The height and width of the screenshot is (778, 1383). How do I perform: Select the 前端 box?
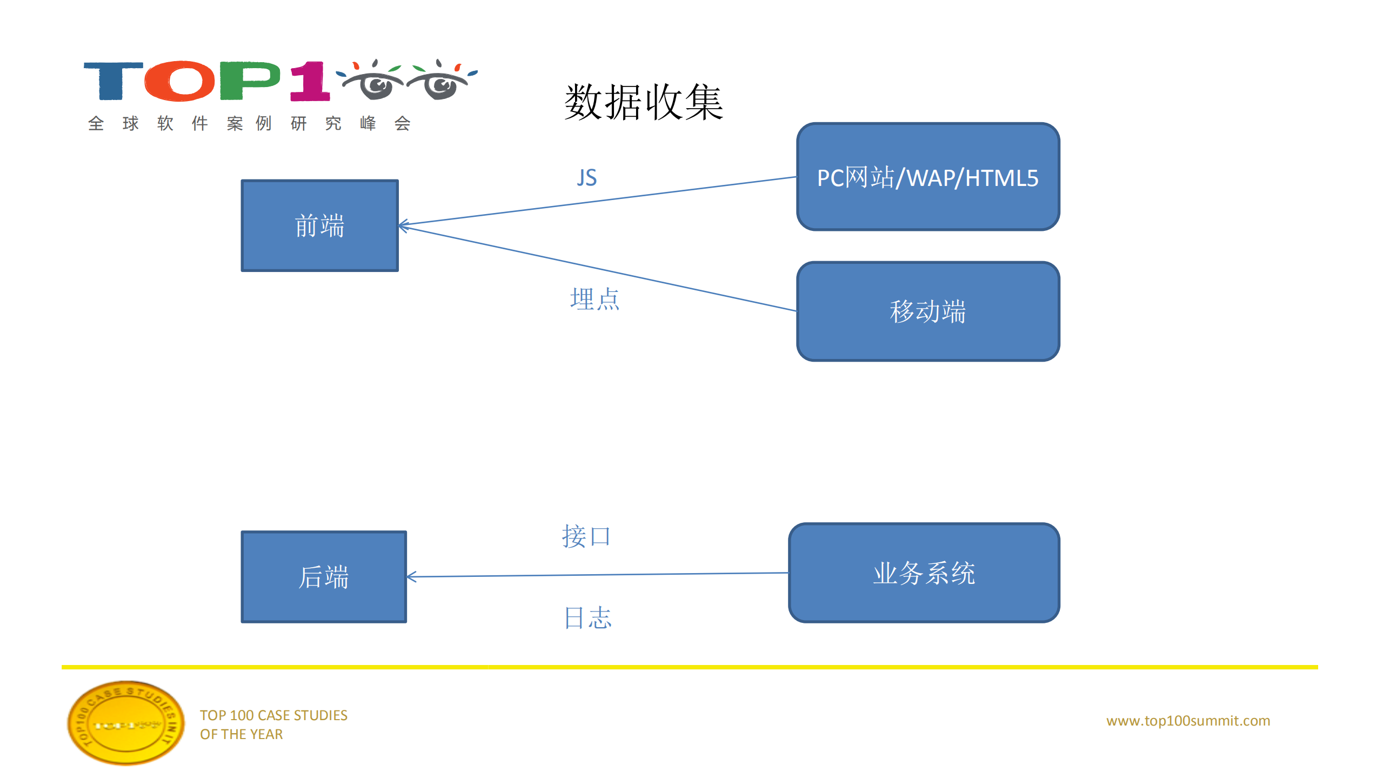[319, 225]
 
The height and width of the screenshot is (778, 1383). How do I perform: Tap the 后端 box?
[323, 576]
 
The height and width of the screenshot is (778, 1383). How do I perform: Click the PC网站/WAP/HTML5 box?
[927, 177]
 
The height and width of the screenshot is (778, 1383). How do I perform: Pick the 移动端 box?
[927, 311]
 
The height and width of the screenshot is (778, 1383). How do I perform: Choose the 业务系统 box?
[924, 573]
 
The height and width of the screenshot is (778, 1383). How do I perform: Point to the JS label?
[586, 178]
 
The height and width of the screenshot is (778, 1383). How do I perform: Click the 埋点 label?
[594, 299]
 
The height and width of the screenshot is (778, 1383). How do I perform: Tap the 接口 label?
[586, 536]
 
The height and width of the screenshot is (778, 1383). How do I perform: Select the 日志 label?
[587, 617]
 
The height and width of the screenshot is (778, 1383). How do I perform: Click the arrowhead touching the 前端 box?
[403, 225]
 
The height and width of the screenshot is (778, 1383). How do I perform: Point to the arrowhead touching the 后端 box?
[411, 577]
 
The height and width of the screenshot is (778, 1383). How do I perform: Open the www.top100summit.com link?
[1188, 720]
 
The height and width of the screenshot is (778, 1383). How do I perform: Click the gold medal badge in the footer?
[125, 723]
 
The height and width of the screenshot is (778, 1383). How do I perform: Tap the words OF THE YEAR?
[241, 734]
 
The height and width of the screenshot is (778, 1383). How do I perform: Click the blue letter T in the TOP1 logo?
[112, 81]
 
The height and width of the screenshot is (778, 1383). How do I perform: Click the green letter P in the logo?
[249, 81]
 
